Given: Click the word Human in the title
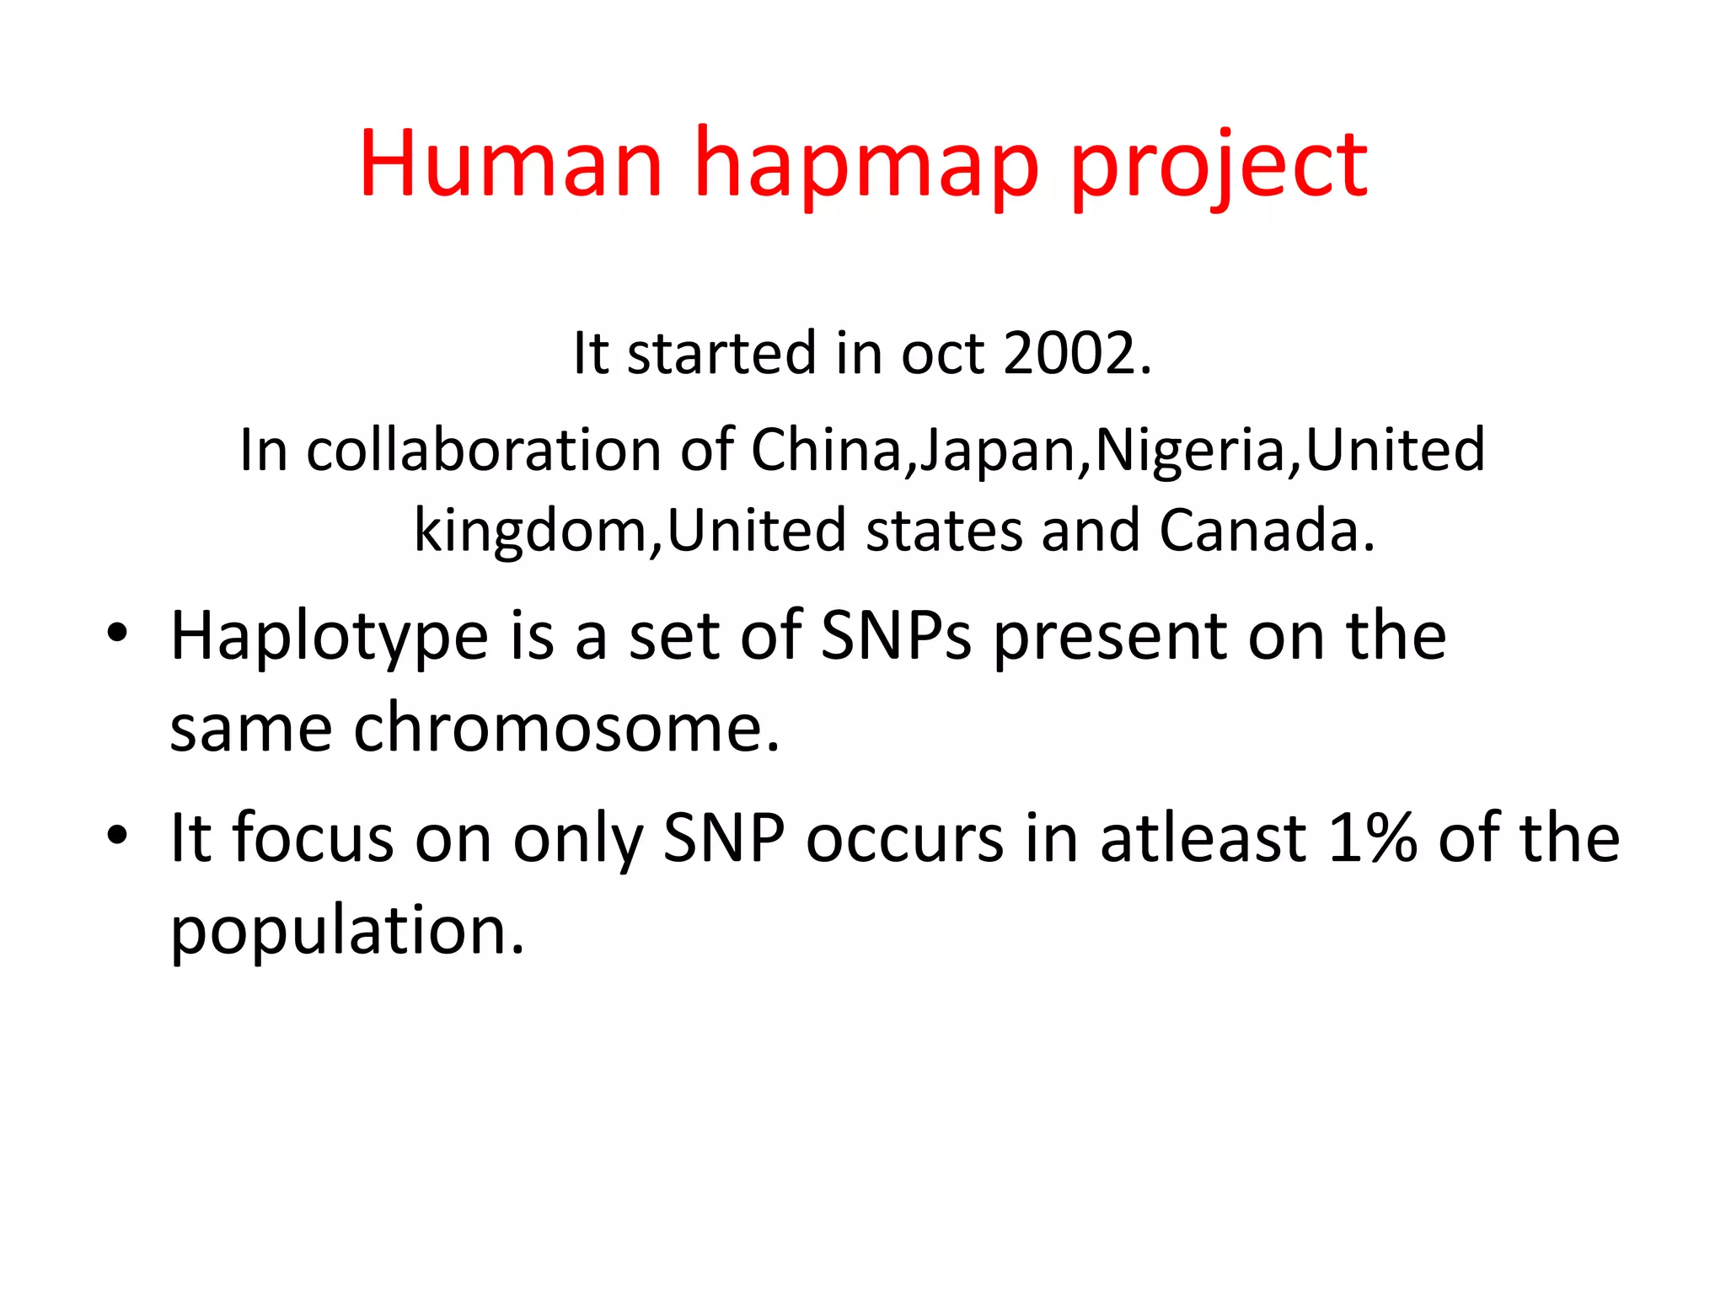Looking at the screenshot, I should tap(511, 163).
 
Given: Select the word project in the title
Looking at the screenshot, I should tap(1219, 168).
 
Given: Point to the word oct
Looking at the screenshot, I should tap(942, 354).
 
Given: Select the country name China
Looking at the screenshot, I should tap(826, 450).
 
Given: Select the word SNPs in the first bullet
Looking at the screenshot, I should tap(896, 635).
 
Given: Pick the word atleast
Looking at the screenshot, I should tap(1203, 838).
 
